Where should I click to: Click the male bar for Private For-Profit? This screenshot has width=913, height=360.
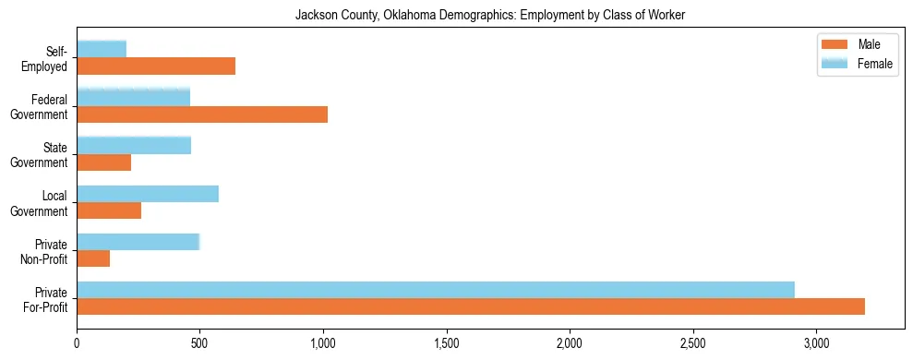tap(471, 306)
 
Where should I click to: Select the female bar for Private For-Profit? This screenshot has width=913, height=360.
tap(436, 290)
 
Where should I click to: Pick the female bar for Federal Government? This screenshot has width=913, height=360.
tap(133, 97)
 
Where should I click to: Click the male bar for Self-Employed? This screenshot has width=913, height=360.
tap(156, 66)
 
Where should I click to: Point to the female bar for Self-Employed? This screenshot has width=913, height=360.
tap(102, 49)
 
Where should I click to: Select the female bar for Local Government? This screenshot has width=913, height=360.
tap(148, 194)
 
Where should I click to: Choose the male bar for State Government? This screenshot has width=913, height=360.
tap(104, 162)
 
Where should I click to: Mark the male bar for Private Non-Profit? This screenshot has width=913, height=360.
tap(93, 258)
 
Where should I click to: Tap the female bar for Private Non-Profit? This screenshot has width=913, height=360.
tap(138, 242)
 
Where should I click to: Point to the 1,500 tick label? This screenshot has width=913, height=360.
tap(447, 343)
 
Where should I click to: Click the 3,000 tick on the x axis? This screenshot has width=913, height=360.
tap(816, 343)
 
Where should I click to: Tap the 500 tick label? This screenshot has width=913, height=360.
tap(200, 343)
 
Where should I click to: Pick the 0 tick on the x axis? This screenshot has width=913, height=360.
tap(78, 343)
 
